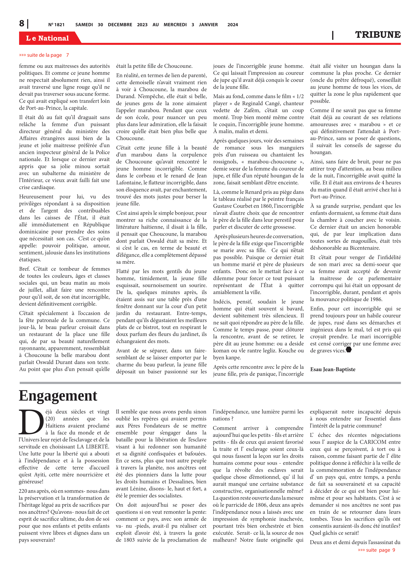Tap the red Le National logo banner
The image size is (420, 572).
coord(48,38)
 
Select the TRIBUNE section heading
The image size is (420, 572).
coord(378,35)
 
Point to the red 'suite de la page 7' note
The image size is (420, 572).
coord(44,55)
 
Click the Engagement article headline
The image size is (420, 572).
coord(58,396)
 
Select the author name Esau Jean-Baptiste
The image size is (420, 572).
coord(333,369)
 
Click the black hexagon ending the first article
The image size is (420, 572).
coord(349,350)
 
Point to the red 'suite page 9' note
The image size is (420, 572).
coord(376,550)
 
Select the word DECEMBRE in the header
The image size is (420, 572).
coord(120,25)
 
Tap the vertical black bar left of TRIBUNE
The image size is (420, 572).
coord(333,35)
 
